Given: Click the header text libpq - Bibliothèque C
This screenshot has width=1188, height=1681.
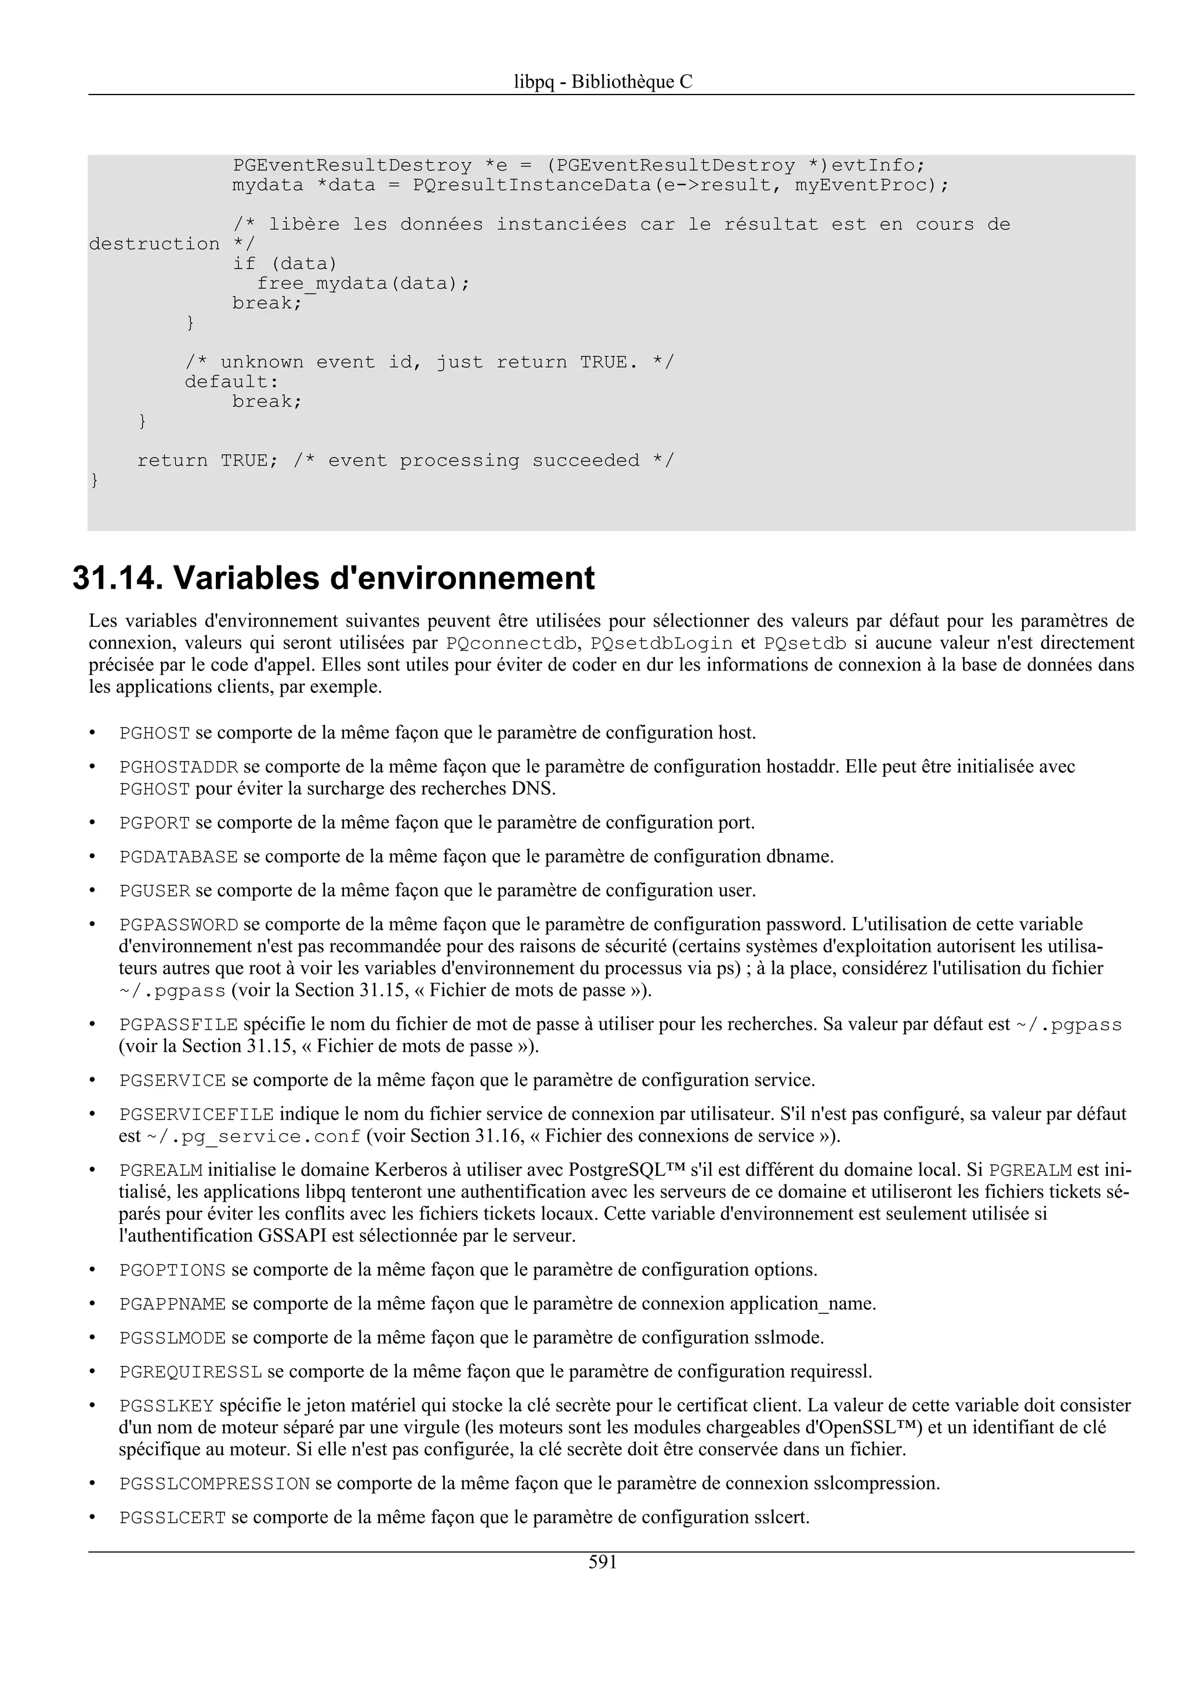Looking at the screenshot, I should coord(603,81).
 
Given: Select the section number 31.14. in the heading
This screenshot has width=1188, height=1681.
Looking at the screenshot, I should coord(117,578).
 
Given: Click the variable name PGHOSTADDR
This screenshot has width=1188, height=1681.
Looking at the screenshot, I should coord(179,767).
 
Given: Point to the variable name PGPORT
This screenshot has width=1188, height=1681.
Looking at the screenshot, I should coord(154,823).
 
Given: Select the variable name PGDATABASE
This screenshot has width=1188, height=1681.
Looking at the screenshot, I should coord(179,857).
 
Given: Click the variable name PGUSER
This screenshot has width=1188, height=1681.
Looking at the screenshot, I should coord(154,891).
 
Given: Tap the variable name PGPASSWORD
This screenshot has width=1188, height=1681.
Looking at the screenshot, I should coord(179,925).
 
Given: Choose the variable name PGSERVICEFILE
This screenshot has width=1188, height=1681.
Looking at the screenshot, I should coord(196,1114).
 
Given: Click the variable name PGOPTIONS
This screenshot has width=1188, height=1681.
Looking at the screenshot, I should coord(173,1270).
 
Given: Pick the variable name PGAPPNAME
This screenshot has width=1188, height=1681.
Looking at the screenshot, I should coord(173,1304).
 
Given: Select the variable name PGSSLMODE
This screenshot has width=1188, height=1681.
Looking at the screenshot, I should coord(173,1338).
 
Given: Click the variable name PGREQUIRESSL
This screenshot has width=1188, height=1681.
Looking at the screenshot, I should coord(190,1371).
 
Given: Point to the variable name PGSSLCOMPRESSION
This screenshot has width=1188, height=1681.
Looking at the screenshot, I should coord(215,1484).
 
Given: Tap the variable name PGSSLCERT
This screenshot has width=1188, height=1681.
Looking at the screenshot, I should coord(173,1518).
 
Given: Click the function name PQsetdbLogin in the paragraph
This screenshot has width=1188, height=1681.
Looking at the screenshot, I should coord(661,643).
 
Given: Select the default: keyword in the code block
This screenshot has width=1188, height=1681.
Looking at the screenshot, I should coord(232,382).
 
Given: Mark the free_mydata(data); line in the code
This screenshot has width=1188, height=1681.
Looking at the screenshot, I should coord(363,283).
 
